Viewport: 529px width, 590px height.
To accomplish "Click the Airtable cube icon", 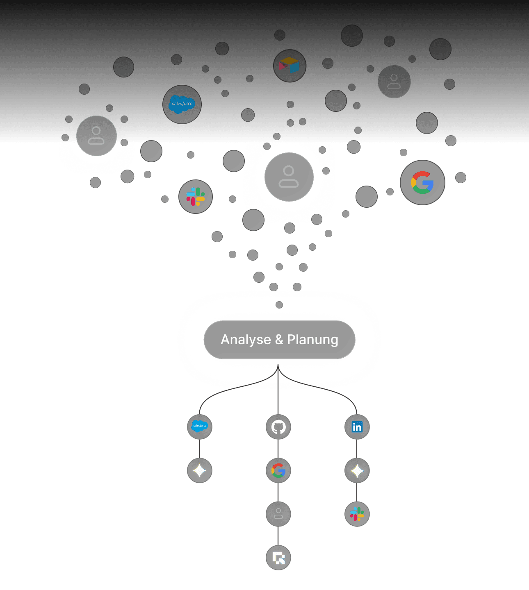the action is (x=290, y=66).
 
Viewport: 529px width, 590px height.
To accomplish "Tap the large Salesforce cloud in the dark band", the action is (x=182, y=104).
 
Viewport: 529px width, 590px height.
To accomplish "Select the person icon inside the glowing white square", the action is (x=289, y=177).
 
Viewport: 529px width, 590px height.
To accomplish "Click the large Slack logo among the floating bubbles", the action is (x=196, y=197).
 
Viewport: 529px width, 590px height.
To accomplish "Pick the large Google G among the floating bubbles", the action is (x=422, y=182).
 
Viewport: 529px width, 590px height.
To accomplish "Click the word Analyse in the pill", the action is (x=246, y=340).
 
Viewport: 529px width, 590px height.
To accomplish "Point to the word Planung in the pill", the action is (x=312, y=340).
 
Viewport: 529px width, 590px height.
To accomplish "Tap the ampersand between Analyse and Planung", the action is (x=279, y=340).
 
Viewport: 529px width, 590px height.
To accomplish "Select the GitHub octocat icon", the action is (x=278, y=427).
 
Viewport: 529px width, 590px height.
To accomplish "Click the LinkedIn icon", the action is (x=357, y=427).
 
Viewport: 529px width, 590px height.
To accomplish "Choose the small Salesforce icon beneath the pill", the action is (x=200, y=426).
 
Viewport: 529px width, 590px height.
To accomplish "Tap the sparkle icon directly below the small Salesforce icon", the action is (x=200, y=470).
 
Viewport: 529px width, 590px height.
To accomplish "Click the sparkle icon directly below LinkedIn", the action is (x=357, y=471).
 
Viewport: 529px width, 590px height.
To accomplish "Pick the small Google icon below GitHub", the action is (x=278, y=470).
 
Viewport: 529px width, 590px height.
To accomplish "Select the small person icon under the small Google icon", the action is (x=278, y=514).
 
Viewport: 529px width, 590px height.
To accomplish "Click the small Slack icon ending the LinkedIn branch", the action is (x=357, y=514).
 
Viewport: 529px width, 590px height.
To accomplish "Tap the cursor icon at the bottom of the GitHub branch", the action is (x=278, y=558).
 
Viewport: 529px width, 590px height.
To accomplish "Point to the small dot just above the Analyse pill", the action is (x=279, y=304).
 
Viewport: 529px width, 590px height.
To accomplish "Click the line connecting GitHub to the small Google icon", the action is (x=278, y=449).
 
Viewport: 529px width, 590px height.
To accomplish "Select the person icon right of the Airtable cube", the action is (x=394, y=82).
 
